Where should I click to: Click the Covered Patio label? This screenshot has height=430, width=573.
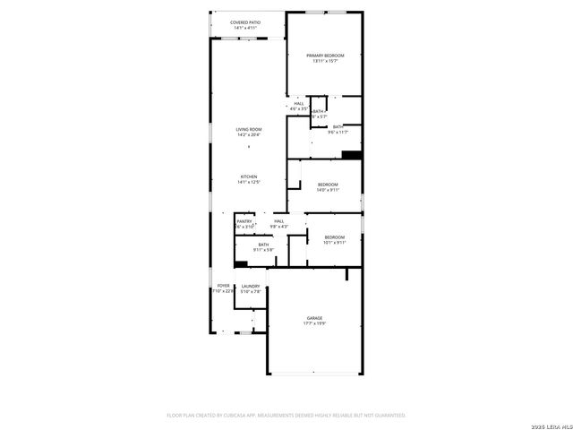[244, 22]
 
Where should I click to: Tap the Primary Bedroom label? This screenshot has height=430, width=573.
[325, 56]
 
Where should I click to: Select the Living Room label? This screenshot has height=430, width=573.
[249, 129]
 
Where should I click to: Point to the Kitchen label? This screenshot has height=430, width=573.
[249, 176]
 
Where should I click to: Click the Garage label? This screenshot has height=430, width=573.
[314, 318]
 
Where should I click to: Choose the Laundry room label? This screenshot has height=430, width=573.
[251, 286]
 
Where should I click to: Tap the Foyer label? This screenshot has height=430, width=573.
[223, 286]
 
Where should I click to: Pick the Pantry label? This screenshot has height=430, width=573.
[244, 221]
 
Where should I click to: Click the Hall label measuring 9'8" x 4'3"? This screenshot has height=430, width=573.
[279, 221]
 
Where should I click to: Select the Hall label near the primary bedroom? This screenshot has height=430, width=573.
[299, 103]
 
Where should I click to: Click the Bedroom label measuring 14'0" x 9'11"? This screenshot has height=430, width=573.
[328, 185]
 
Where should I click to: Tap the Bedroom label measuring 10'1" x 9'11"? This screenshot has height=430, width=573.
[334, 236]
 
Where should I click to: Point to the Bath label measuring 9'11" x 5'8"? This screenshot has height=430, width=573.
[263, 245]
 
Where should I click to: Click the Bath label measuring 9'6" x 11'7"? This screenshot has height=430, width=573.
[338, 126]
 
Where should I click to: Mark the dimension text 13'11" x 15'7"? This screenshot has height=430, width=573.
[325, 61]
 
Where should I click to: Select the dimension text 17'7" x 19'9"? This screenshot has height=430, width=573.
[314, 323]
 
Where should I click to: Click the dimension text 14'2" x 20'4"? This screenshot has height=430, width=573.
[249, 134]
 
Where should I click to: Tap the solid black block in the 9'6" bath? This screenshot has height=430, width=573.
[353, 154]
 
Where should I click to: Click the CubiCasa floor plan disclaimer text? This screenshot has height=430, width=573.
[286, 415]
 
